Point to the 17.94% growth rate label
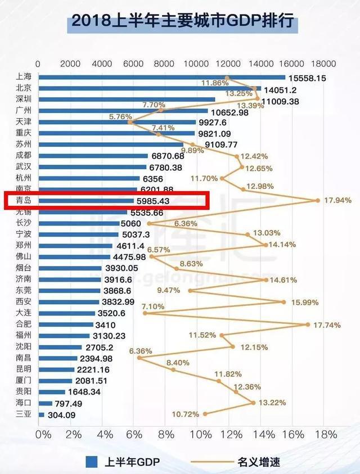click(x=337, y=200)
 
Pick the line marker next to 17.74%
click(x=308, y=324)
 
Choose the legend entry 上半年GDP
click(x=123, y=462)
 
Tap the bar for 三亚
click(x=41, y=415)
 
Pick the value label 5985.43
click(x=153, y=201)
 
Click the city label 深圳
click(x=23, y=100)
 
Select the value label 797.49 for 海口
click(x=70, y=404)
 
